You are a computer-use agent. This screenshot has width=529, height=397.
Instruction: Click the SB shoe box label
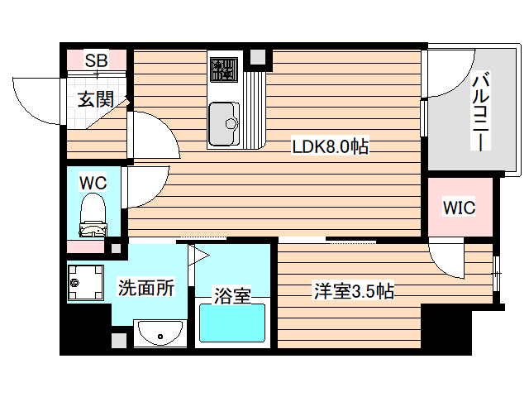97,60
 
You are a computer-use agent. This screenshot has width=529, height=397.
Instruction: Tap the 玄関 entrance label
96,100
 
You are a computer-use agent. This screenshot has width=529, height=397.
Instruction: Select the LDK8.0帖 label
330,147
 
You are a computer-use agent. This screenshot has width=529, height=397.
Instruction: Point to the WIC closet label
459,207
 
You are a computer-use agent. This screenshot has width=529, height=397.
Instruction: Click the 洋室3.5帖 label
352,291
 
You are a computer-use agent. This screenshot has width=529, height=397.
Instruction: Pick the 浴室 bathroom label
232,295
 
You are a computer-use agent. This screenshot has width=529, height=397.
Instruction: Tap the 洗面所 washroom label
146,289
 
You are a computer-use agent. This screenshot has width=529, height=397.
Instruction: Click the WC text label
92,181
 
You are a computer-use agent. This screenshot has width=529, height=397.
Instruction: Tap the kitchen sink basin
223,122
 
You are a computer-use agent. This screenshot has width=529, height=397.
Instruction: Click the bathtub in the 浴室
231,325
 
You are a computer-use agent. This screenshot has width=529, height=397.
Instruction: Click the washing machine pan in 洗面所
88,284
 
